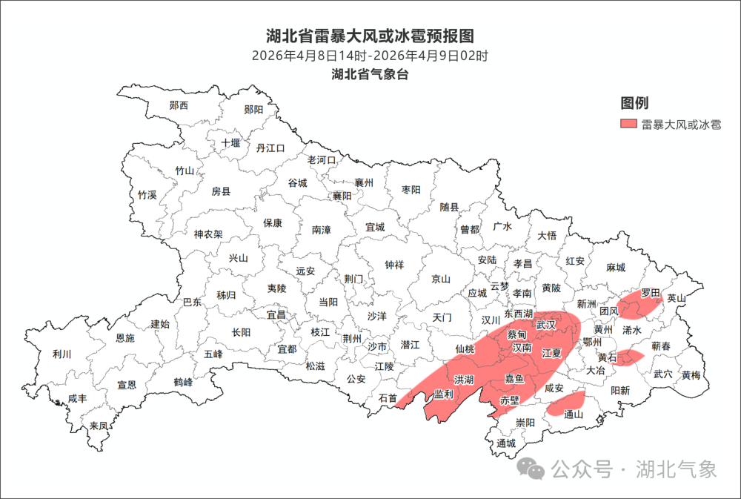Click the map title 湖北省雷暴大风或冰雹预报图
(x=370, y=36)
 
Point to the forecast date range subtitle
(x=370, y=56)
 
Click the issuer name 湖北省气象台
(x=370, y=74)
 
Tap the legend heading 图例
(x=634, y=103)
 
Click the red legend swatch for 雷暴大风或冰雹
(x=628, y=124)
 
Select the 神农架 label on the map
(x=208, y=234)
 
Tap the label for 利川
(x=62, y=354)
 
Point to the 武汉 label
(x=546, y=325)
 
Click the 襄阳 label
(x=342, y=196)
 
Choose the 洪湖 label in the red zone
(x=465, y=380)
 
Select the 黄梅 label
(x=691, y=375)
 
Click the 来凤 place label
(x=99, y=426)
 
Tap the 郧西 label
(x=179, y=105)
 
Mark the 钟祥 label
(x=394, y=264)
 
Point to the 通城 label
(x=506, y=443)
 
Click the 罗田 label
(x=650, y=293)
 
